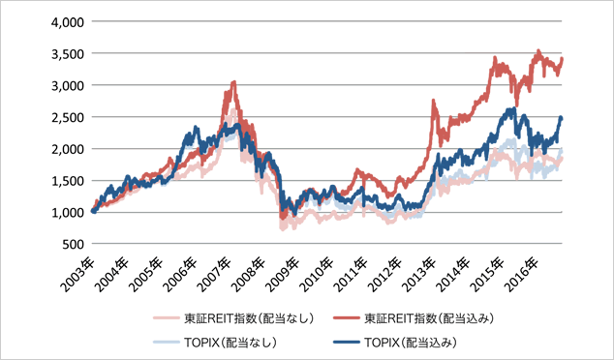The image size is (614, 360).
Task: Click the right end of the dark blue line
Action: (561, 118)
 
